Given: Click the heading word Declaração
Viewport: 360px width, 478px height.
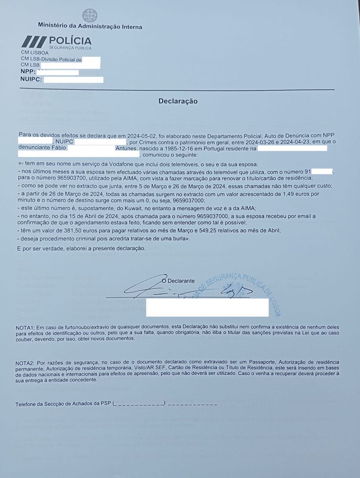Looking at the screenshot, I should (178, 101).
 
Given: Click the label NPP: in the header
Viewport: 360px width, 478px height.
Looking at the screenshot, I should (28, 72).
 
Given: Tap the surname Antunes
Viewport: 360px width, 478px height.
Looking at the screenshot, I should (126, 149).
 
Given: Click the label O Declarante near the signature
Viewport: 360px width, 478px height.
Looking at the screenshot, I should (178, 281).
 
